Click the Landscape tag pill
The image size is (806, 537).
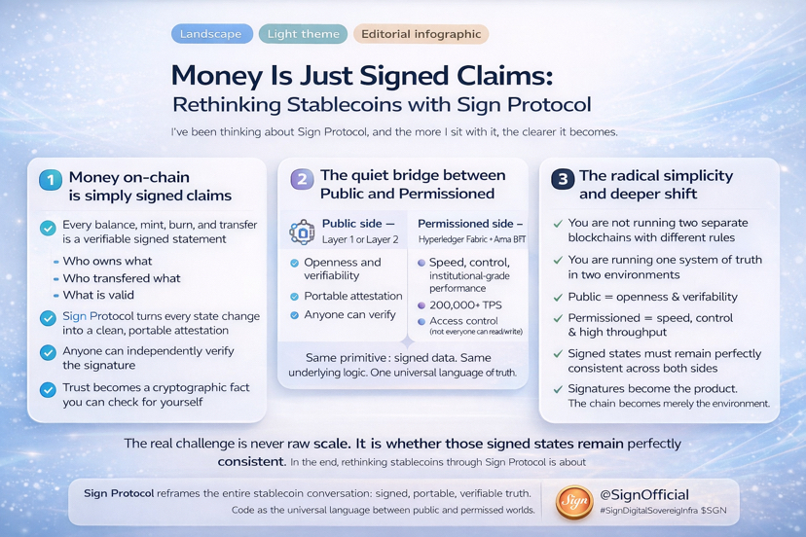click(211, 34)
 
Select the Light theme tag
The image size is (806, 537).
click(303, 34)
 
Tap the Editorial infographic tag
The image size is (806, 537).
click(421, 34)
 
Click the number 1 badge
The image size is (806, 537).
click(50, 180)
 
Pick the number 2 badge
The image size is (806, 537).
click(302, 179)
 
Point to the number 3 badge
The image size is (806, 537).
click(562, 179)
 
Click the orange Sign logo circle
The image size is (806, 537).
click(573, 502)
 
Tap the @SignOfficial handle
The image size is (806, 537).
click(644, 494)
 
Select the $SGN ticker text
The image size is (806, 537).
click(714, 511)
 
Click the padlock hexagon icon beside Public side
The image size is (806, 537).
click(302, 232)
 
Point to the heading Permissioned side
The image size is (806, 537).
click(470, 224)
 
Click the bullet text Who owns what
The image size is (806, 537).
click(107, 261)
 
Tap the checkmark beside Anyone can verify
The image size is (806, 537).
click(295, 315)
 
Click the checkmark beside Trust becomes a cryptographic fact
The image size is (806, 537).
click(48, 389)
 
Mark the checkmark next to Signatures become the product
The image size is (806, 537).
click(558, 389)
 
